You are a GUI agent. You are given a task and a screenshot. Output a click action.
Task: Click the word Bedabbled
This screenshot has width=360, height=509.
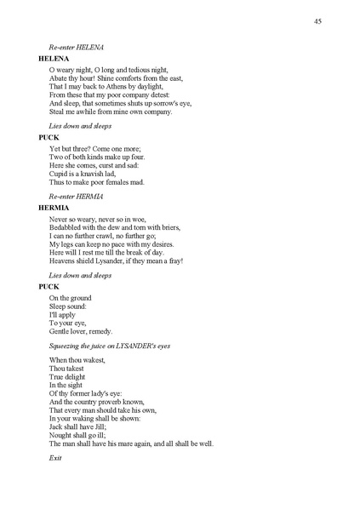(67, 227)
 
